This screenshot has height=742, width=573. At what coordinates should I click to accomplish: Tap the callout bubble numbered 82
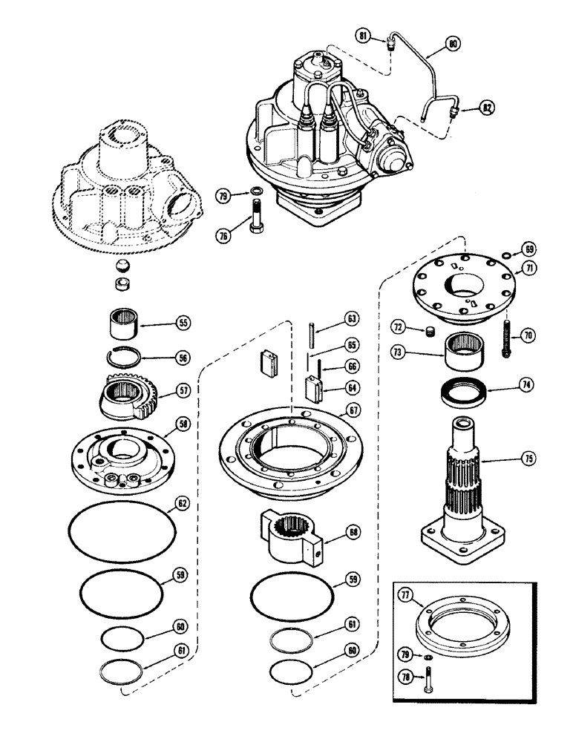486,108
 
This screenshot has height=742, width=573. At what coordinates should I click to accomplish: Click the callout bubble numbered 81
363,36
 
